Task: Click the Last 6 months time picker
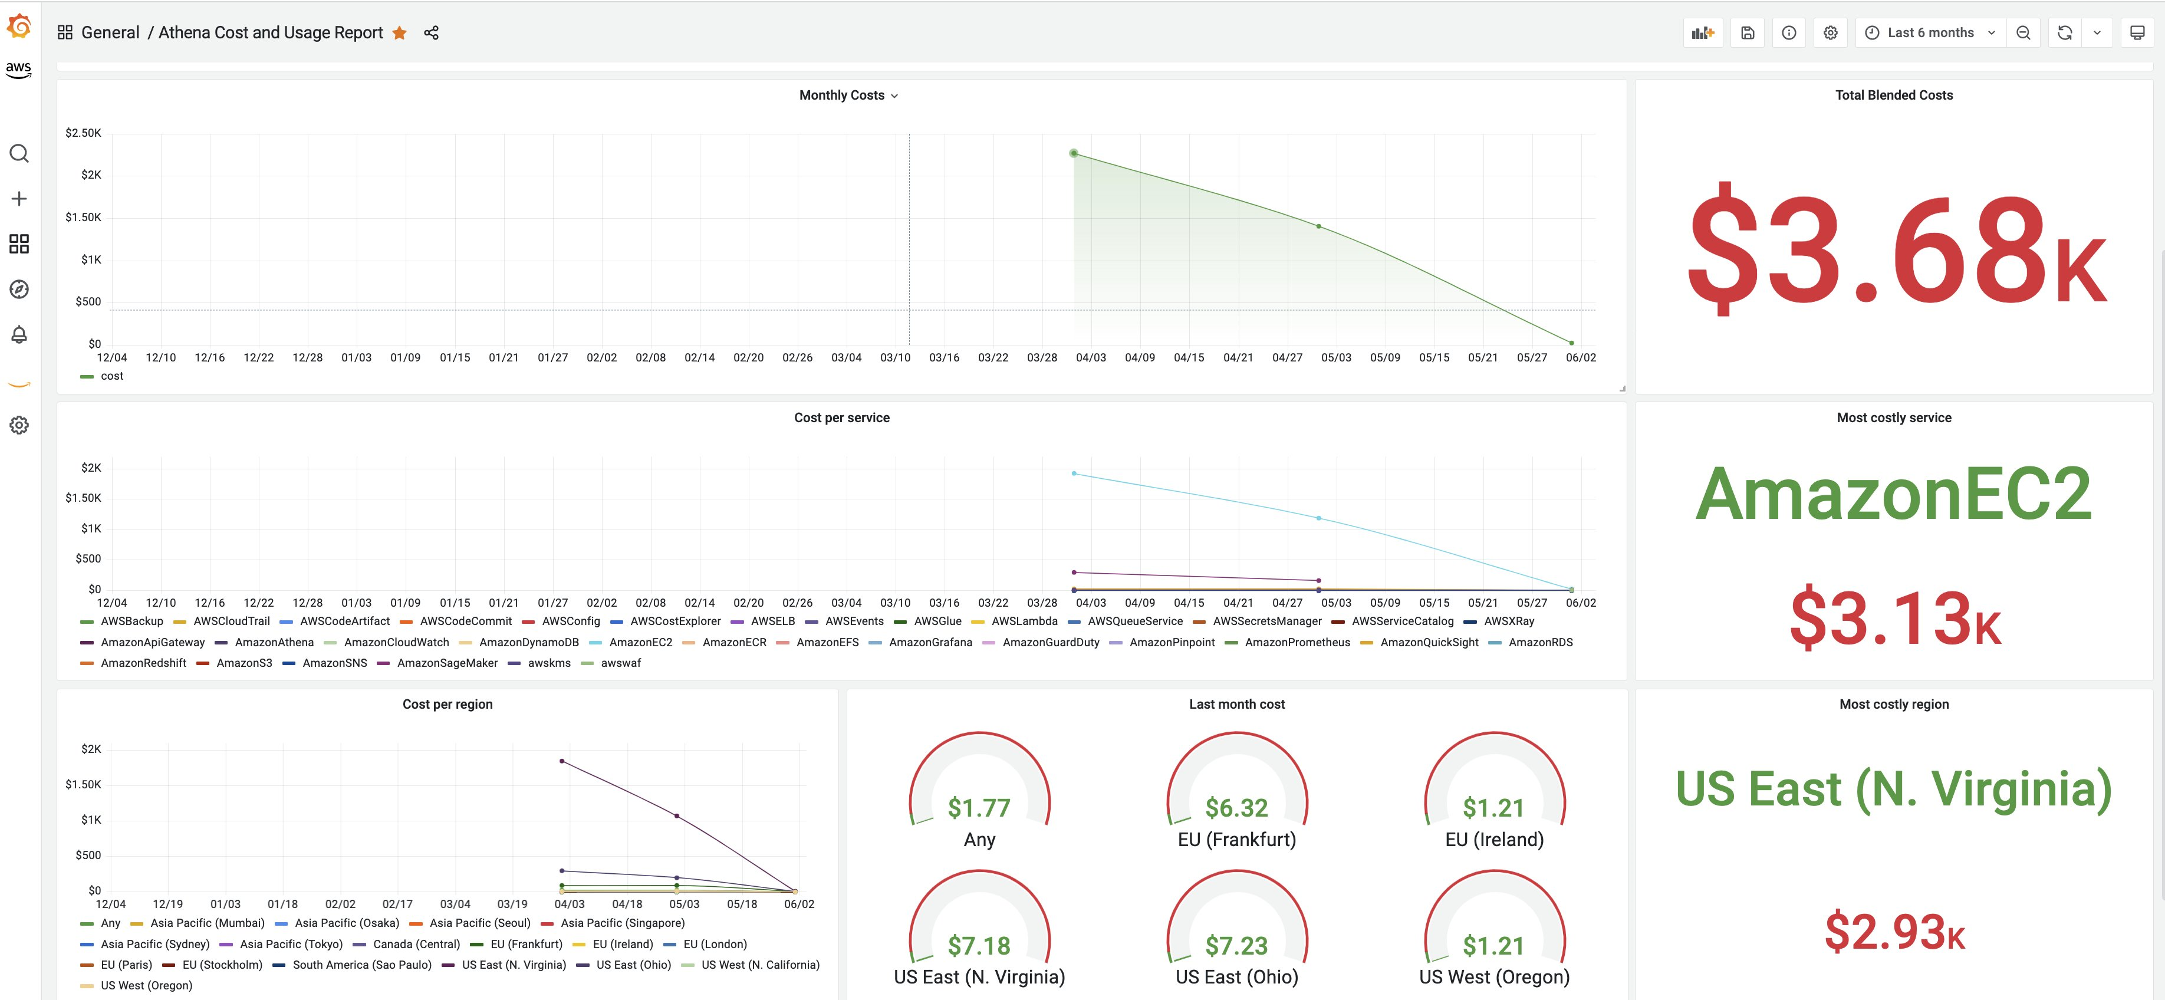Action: pos(1930,33)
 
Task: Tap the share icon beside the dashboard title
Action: pos(431,33)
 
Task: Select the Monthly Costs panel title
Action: pos(842,95)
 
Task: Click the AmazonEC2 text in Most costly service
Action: pos(1894,495)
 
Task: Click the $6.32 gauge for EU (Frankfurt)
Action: pos(1236,808)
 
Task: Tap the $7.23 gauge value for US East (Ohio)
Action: pos(1236,945)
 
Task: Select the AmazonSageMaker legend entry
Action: pos(447,663)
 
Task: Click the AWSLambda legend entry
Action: pos(1024,621)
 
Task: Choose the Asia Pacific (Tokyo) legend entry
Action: pos(291,944)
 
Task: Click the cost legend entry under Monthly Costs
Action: pos(111,376)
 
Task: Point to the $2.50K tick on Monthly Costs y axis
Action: pos(83,133)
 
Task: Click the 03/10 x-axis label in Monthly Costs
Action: pos(895,357)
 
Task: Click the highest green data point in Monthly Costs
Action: pos(1073,153)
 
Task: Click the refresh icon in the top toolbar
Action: pos(2064,33)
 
